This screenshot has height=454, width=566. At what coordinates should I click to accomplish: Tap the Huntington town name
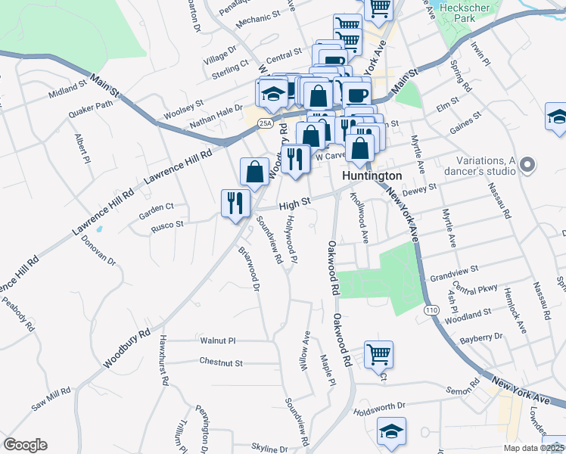click(x=372, y=175)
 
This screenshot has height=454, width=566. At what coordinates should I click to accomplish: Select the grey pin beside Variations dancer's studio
click(x=529, y=164)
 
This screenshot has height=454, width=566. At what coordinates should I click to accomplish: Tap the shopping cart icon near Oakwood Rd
click(x=378, y=353)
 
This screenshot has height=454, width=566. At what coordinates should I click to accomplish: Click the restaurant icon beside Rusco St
click(x=235, y=202)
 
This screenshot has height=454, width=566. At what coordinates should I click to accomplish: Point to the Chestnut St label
click(x=221, y=362)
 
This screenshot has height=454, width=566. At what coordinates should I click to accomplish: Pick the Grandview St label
click(x=454, y=269)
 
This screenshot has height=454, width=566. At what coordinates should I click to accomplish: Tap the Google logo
click(x=25, y=445)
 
